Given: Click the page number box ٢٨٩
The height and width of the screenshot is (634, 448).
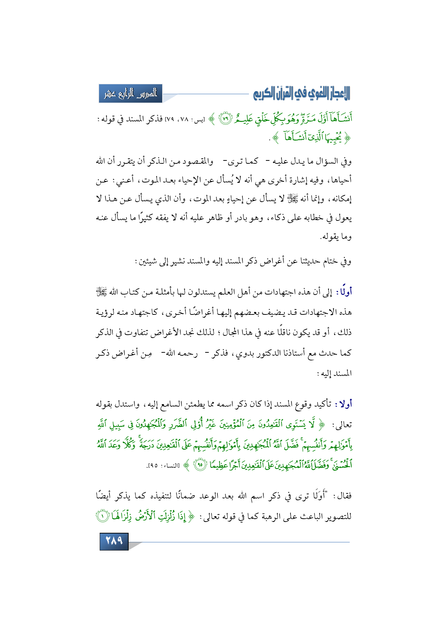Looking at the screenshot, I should click(114, 541).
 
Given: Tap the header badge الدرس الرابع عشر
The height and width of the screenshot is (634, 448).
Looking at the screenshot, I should click(130, 94).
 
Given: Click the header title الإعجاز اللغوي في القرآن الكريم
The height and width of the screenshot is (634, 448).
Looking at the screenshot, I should click(302, 94).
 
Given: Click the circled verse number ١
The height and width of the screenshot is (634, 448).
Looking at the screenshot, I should click(345, 517).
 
